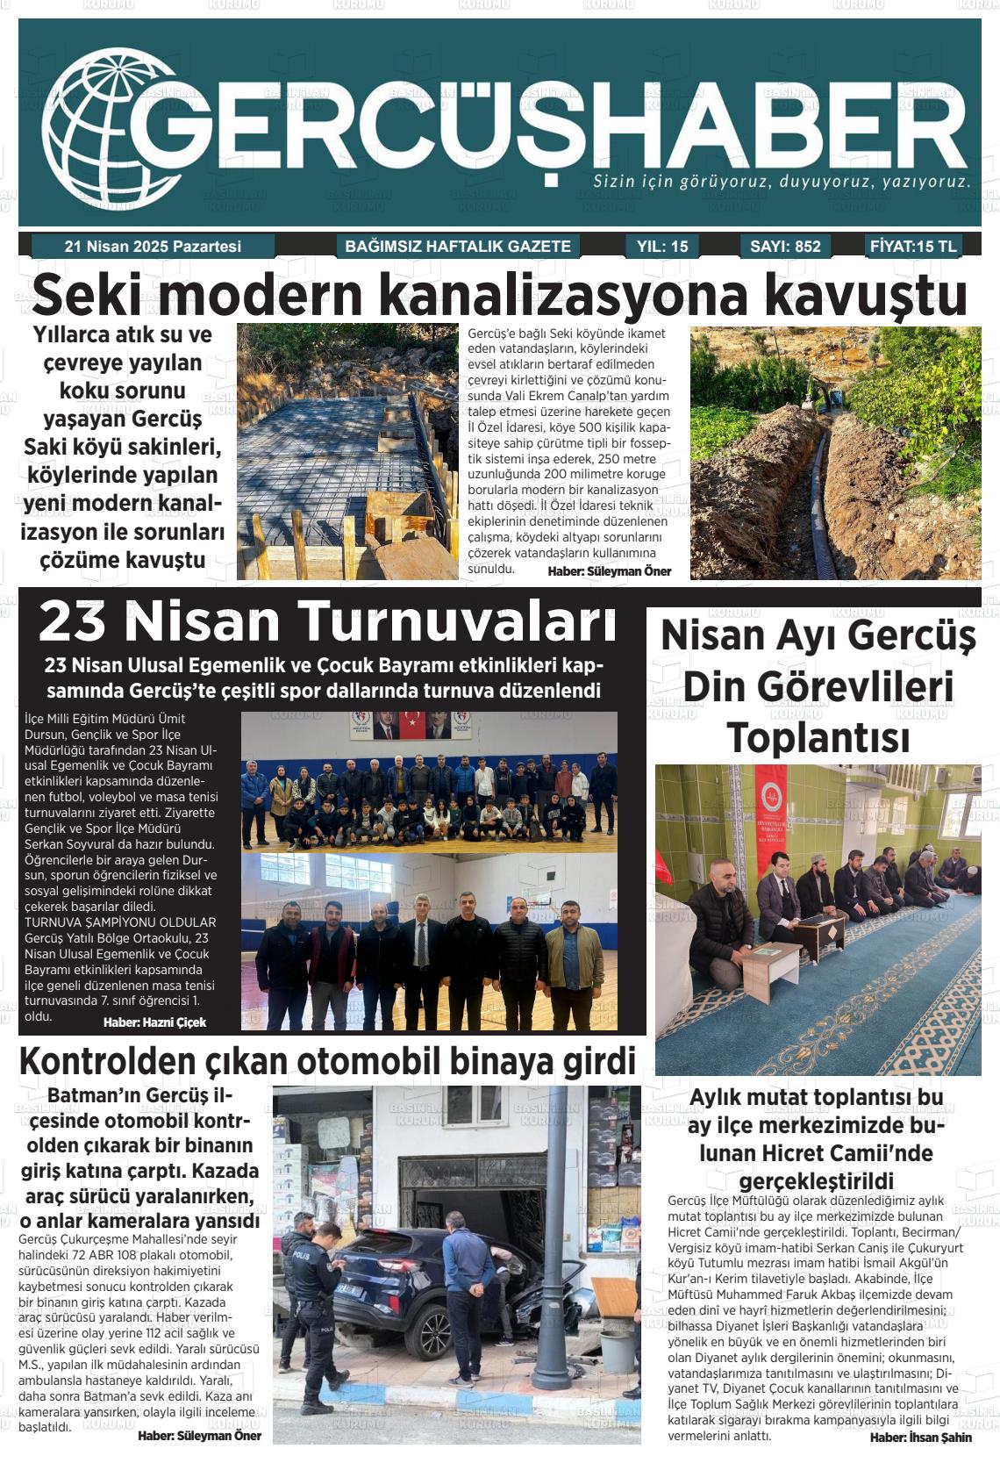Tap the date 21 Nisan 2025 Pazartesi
pyautogui.click(x=153, y=247)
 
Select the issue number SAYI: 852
pyautogui.click(x=785, y=247)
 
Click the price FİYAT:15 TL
pyautogui.click(x=913, y=247)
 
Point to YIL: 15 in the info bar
pyautogui.click(x=662, y=247)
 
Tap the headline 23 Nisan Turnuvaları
pyautogui.click(x=327, y=621)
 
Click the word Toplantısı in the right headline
pyautogui.click(x=818, y=736)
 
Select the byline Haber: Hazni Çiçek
pyautogui.click(x=154, y=1022)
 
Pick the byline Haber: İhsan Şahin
pyautogui.click(x=920, y=1438)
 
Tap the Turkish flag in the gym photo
pyautogui.click(x=411, y=723)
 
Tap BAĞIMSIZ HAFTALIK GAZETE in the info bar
pyautogui.click(x=458, y=247)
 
